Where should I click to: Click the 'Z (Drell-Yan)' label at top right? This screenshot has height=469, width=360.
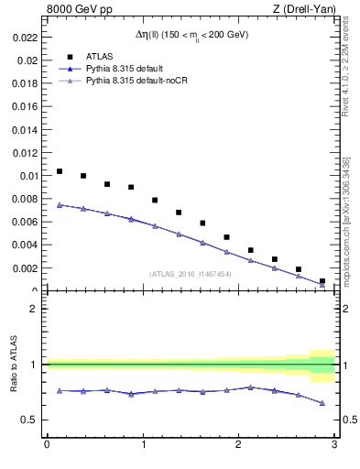(304, 10)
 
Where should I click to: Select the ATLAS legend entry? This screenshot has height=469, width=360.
(99, 56)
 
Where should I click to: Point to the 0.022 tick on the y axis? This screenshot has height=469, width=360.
(25, 38)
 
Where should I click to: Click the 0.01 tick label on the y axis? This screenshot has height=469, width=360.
(27, 176)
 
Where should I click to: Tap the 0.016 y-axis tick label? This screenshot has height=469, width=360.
(25, 106)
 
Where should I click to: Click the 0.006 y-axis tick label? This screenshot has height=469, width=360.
(25, 222)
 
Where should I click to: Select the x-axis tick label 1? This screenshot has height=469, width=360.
(142, 444)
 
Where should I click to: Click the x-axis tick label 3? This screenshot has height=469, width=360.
(334, 444)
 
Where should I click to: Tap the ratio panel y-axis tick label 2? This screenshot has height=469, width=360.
(32, 309)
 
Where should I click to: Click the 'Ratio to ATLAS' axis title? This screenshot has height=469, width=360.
(14, 365)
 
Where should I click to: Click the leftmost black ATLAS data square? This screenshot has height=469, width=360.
(60, 171)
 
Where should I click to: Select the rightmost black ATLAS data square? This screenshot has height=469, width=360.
(322, 281)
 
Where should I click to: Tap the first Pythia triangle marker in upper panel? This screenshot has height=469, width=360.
(60, 205)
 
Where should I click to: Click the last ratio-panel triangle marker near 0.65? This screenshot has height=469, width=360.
(322, 403)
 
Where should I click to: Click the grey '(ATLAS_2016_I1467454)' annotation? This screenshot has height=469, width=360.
(190, 274)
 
